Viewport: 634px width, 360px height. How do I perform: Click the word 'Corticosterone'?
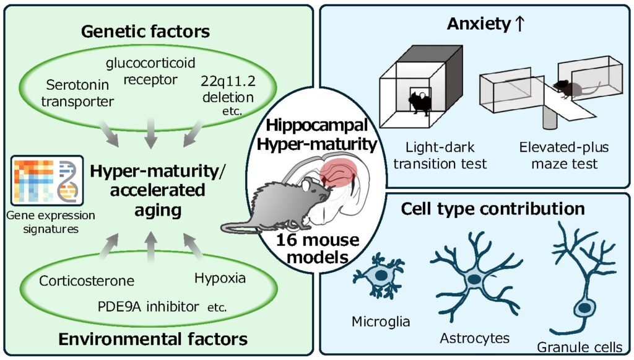(87, 280)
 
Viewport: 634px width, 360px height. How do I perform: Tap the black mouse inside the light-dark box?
(419, 99)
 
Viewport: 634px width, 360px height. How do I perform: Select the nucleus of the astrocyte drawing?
(474, 279)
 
